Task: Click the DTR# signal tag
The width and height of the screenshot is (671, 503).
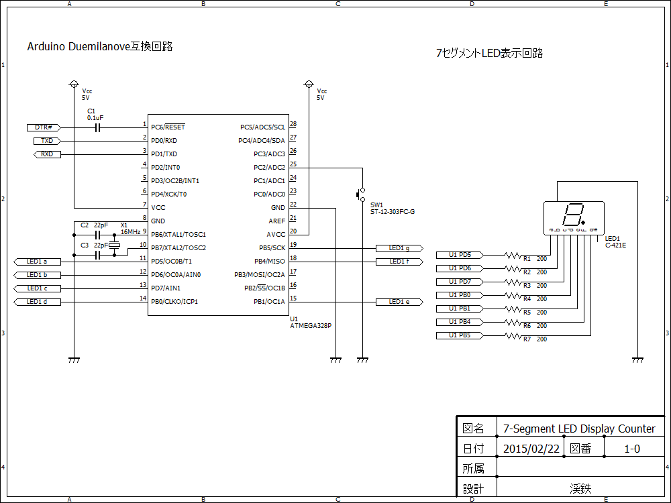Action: coord(44,127)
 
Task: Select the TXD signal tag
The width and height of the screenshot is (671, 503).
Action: coord(47,141)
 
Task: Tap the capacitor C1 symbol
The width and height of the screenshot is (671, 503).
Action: coord(98,127)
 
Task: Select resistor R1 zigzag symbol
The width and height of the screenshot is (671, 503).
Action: coord(513,255)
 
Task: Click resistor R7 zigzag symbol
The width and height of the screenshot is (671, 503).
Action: coord(513,335)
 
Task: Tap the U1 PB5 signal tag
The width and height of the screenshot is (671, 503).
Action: coord(460,335)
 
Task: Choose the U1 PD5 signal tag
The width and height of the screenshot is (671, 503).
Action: coord(460,255)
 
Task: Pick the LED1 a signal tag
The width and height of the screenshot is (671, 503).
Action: coord(37,262)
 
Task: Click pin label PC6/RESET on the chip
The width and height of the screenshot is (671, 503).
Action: coord(168,127)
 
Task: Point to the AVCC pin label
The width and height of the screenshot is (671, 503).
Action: coord(276,234)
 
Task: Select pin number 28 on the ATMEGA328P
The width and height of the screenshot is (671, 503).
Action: coord(293,124)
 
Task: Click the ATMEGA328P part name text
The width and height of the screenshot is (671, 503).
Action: coord(310,326)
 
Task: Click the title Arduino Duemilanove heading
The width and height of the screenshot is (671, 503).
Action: coord(100,47)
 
